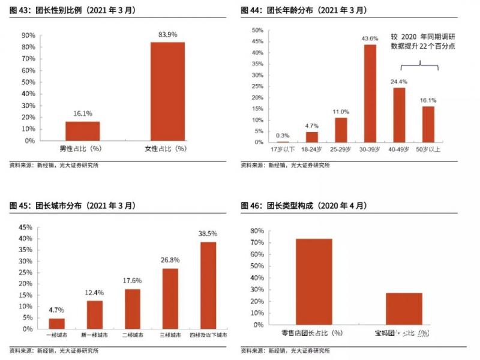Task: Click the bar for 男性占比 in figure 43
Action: tap(83, 131)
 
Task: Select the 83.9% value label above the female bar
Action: tap(167, 35)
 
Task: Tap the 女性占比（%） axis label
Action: tap(167, 149)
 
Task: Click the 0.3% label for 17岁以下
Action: tap(282, 135)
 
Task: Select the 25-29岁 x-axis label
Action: tap(341, 149)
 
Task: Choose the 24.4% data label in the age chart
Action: tap(399, 81)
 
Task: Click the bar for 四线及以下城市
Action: tap(208, 285)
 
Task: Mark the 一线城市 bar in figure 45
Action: tap(56, 323)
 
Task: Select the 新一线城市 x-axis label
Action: tap(94, 334)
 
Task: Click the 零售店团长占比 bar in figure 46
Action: tap(314, 281)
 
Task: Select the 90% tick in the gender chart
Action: tap(27, 35)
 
